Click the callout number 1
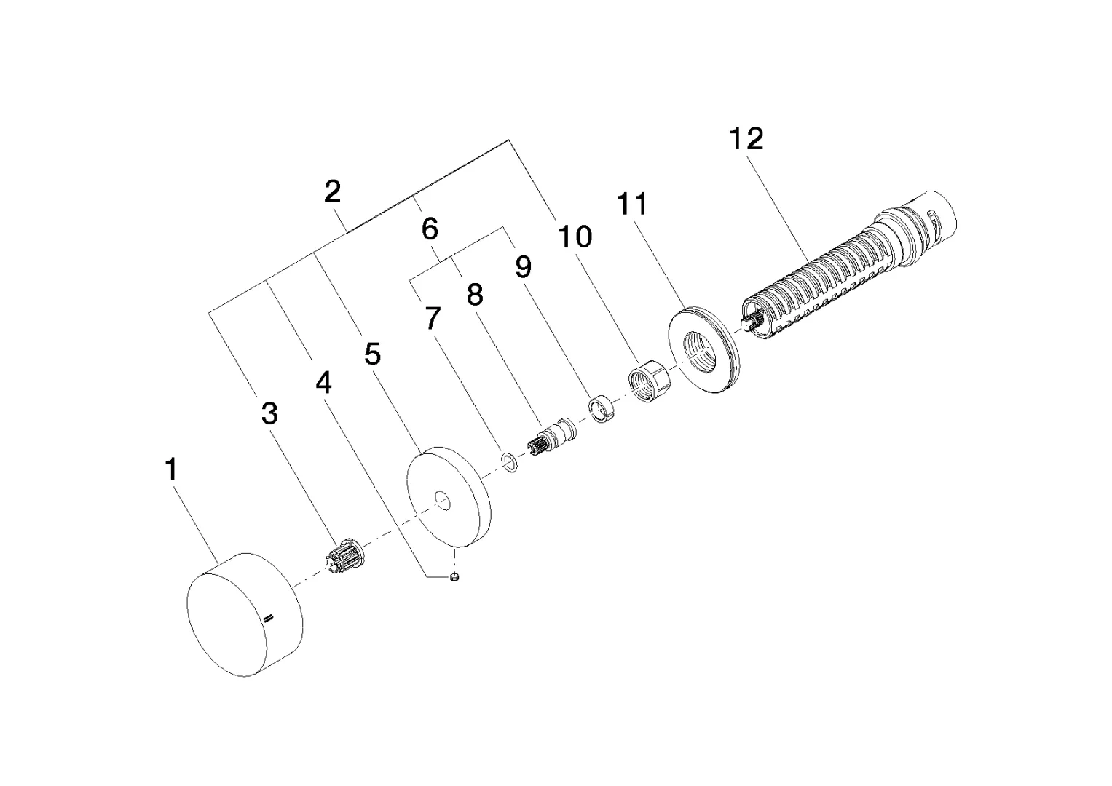[170, 469]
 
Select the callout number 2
[332, 192]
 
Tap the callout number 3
[269, 413]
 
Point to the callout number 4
[323, 382]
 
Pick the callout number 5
[372, 354]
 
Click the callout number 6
[430, 229]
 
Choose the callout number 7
[433, 318]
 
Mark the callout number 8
[474, 295]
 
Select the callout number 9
[523, 267]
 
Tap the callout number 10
[575, 237]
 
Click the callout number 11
[632, 205]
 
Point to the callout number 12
[746, 138]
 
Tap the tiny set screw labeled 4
[454, 578]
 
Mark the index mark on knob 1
[269, 618]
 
